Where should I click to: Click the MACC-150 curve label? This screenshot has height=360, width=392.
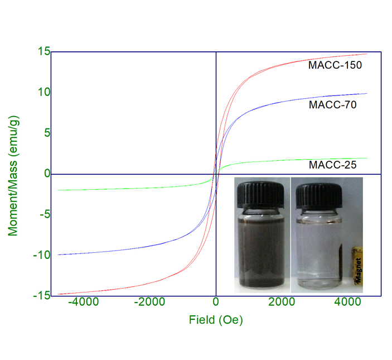pos(335,65)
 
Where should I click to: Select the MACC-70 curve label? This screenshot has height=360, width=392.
pos(332,104)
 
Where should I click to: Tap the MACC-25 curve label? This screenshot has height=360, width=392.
pos(332,165)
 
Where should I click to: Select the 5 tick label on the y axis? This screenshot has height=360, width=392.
pos(47,133)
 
